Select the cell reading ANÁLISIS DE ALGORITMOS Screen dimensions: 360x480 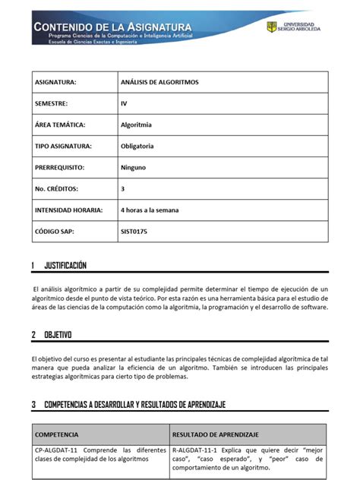click(159, 82)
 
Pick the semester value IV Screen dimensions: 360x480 click(124, 103)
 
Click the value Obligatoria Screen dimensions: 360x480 click(137, 146)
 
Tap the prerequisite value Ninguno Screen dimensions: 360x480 click(134, 167)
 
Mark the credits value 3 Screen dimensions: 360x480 click(123, 188)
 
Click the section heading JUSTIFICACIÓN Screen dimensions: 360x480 click(65, 266)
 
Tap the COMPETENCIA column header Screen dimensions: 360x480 click(57, 434)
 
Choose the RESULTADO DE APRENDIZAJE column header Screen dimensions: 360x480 click(216, 434)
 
